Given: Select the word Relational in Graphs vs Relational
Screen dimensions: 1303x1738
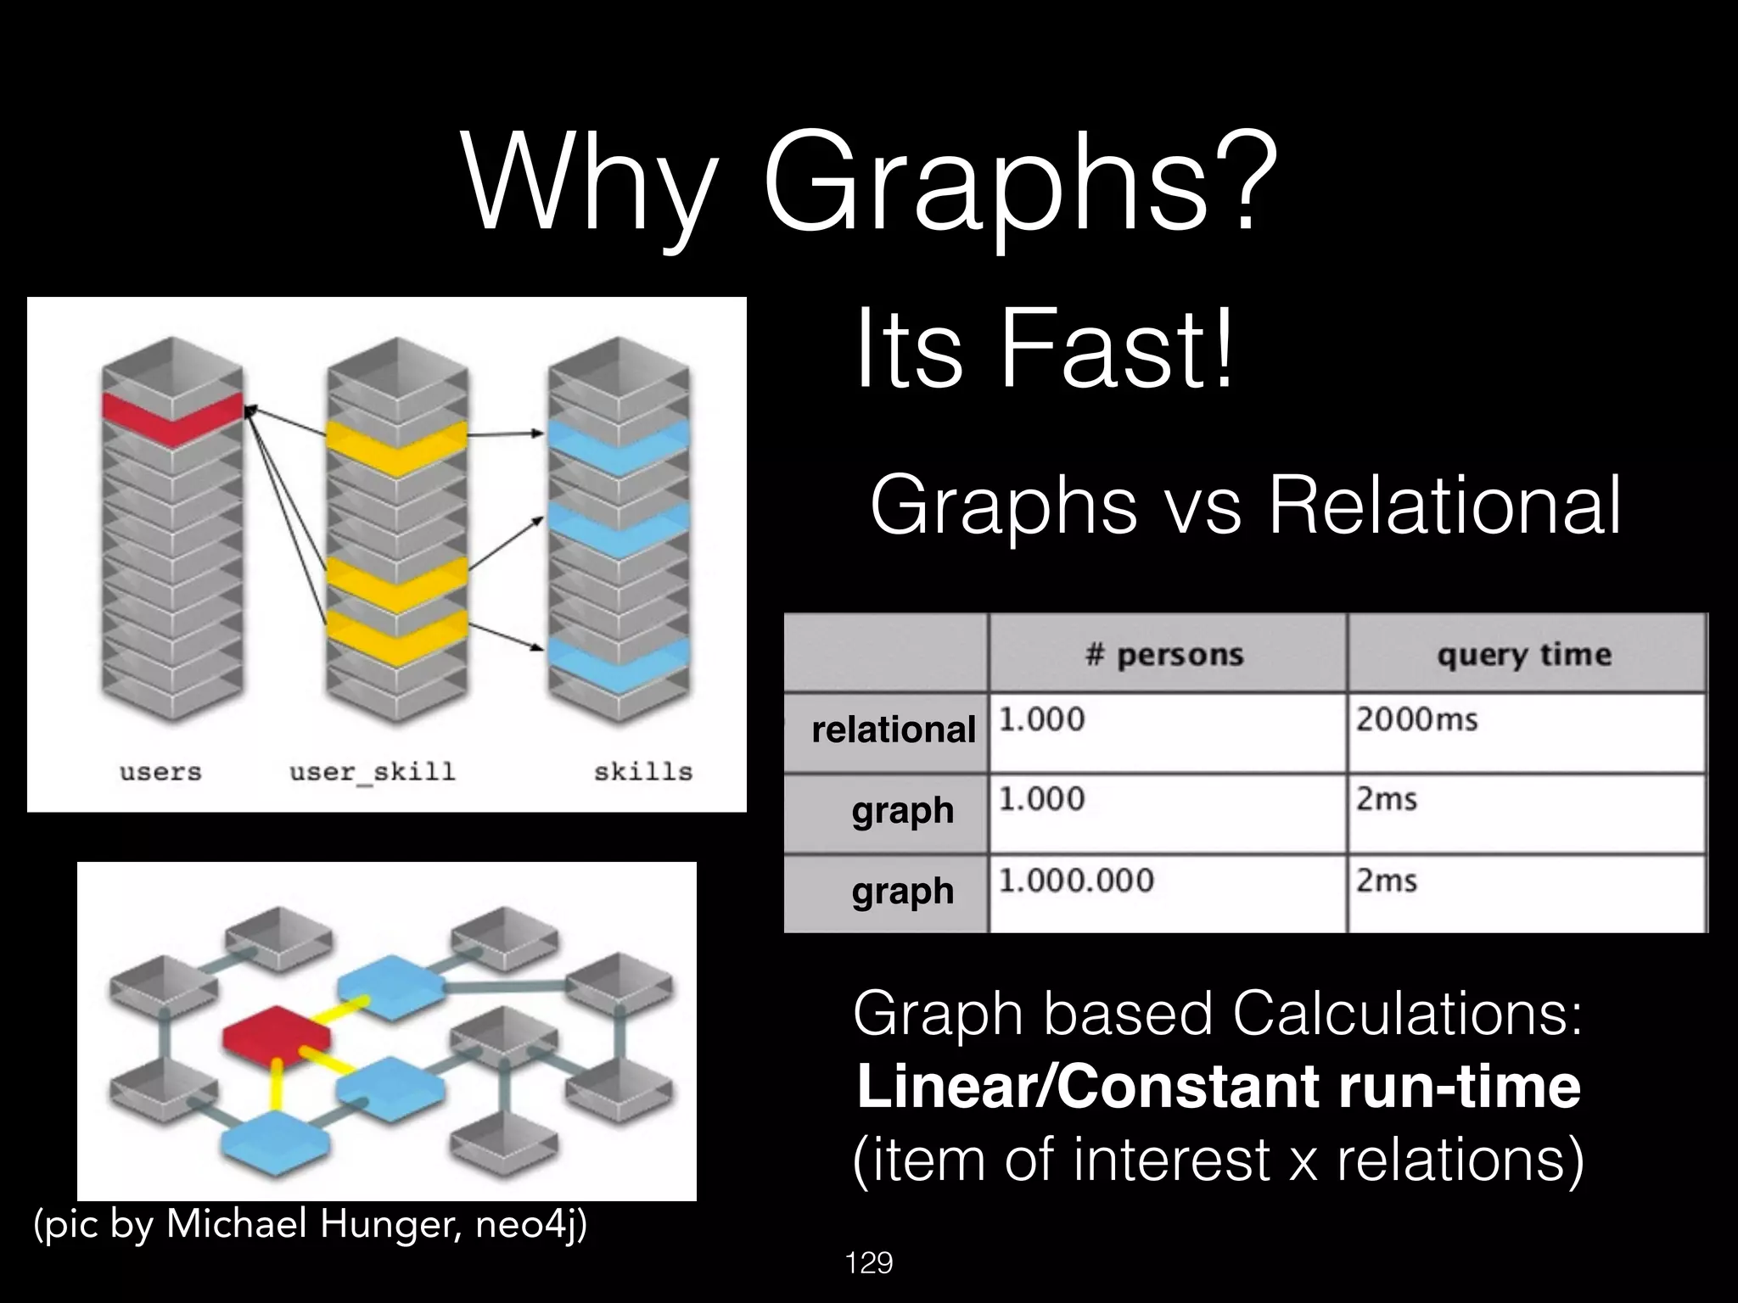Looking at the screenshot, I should (1444, 506).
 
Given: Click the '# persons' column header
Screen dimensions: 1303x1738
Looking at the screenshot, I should (1164, 654).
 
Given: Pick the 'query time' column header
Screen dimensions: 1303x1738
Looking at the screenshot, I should (1523, 654).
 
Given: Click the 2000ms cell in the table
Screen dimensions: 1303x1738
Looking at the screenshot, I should (1416, 719).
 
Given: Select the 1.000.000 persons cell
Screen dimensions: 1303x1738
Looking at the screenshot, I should (1075, 881).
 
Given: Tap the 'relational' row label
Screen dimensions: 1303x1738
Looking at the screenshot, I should (893, 730).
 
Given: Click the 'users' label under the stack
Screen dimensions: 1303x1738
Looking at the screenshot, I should (160, 772).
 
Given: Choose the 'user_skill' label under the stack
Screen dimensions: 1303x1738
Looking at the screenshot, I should (373, 772).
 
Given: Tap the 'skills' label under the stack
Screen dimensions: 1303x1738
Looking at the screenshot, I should (642, 772).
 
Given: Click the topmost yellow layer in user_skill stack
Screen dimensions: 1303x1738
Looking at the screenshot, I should (397, 445).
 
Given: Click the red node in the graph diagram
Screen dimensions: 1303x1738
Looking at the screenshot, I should (276, 1033).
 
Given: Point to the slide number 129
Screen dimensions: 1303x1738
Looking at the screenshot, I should (869, 1264).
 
